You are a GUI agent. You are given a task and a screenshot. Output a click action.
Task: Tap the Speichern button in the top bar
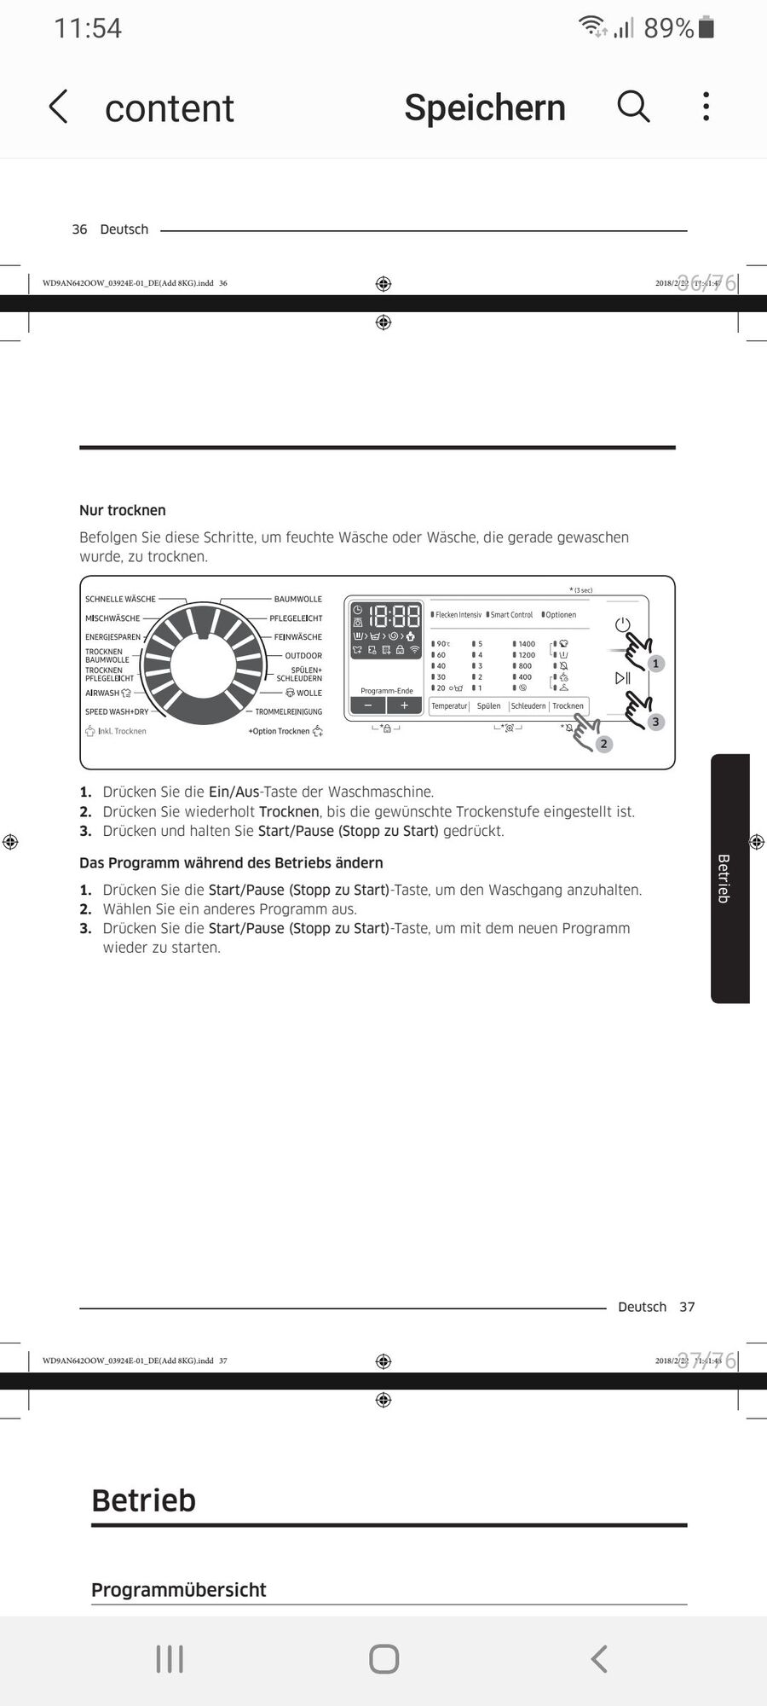(484, 107)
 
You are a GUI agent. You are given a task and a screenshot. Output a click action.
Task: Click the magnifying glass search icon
(633, 107)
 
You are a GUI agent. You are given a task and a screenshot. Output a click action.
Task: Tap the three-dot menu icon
(706, 107)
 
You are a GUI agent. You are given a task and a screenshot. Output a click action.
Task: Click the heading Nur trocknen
(123, 510)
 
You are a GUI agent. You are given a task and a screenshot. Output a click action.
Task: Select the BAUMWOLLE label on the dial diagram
(297, 599)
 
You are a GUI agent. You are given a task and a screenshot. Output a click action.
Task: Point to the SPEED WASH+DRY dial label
(117, 711)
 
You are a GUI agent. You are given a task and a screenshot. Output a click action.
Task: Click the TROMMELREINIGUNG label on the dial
(289, 711)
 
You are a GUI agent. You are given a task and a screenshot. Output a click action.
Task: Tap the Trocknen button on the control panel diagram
(568, 706)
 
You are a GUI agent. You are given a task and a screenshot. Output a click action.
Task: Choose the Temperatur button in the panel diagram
(449, 706)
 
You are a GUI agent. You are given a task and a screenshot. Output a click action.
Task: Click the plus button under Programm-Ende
(405, 705)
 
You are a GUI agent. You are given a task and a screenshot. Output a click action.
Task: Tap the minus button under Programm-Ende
(368, 705)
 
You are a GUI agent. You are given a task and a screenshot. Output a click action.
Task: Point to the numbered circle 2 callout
(603, 744)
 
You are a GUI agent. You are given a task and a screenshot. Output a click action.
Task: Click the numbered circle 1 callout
(655, 663)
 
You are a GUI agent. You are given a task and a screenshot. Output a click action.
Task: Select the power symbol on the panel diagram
(623, 624)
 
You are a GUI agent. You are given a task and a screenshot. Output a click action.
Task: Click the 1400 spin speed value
(527, 644)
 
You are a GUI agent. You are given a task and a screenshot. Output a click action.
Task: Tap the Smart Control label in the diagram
(511, 615)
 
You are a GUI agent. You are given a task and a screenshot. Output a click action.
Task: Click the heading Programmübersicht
(179, 1590)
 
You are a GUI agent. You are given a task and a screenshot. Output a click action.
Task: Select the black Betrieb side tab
(730, 879)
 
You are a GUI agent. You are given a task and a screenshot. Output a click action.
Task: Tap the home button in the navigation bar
(383, 1659)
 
